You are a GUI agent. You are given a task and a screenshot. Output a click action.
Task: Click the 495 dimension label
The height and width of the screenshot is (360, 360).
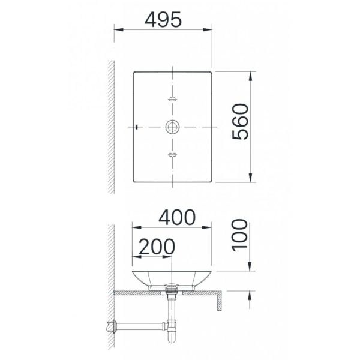[163, 20]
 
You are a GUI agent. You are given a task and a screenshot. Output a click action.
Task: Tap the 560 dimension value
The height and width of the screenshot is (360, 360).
[241, 121]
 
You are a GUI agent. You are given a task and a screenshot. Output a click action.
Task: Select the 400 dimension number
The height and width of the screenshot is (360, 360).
[177, 217]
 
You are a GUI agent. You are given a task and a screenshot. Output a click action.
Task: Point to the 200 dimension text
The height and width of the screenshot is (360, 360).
[157, 247]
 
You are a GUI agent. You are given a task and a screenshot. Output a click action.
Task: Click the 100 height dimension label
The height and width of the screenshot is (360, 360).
[240, 235]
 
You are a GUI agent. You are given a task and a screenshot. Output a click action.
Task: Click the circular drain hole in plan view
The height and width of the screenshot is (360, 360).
[172, 127]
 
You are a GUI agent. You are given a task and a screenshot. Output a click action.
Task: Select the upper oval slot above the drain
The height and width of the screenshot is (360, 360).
[172, 99]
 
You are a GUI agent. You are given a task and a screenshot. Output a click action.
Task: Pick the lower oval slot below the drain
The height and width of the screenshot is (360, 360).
[172, 155]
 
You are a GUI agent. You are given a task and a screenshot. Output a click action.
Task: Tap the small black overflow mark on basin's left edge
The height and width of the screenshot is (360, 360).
[137, 127]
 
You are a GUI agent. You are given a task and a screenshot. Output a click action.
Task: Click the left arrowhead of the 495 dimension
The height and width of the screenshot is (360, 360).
[119, 29]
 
